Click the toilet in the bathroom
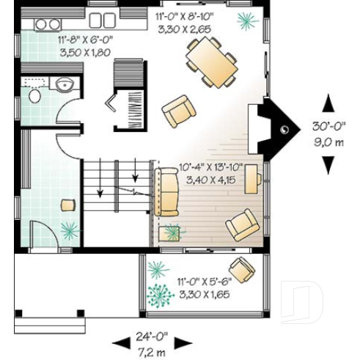pos(34,97)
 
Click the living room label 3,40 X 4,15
pos(207,179)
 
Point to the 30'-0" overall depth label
pos(329,125)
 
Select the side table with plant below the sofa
pos(174,233)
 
